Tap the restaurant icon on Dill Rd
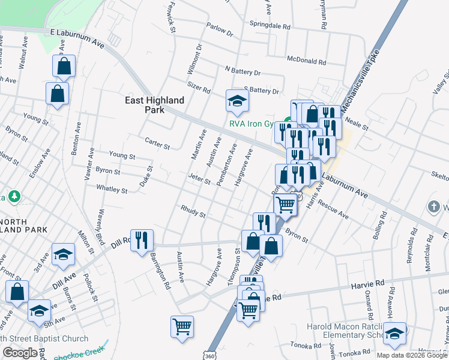pyautogui.click(x=142, y=241)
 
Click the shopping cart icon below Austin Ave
pyautogui.click(x=182, y=327)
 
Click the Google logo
pyautogui.click(x=20, y=353)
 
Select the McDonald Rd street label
pyautogui.click(x=306, y=61)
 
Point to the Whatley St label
pyautogui.click(x=112, y=189)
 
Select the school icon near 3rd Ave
pyautogui.click(x=63, y=254)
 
